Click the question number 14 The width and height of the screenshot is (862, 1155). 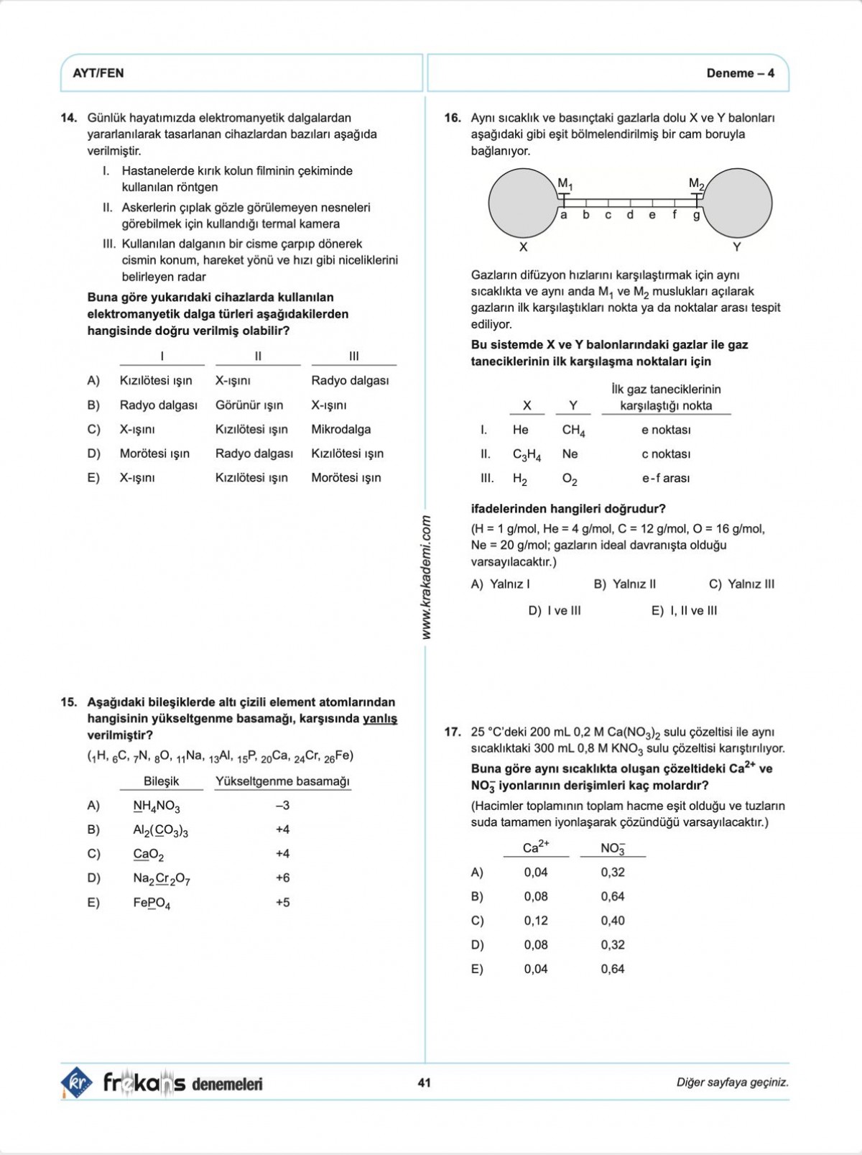click(69, 118)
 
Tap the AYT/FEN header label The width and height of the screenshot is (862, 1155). click(98, 73)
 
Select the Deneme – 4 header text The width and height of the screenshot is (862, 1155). click(740, 73)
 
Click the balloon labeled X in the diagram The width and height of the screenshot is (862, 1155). click(523, 203)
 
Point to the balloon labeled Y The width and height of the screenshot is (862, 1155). click(737, 203)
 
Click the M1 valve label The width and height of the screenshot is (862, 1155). click(565, 183)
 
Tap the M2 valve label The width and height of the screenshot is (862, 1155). click(696, 183)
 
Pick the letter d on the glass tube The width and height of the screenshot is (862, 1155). click(630, 215)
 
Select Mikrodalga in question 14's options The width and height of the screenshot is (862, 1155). click(341, 429)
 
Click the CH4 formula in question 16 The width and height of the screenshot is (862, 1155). click(573, 430)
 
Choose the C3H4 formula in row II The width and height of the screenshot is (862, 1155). click(527, 454)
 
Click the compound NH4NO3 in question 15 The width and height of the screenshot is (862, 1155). click(157, 806)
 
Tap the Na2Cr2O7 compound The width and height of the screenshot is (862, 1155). click(162, 878)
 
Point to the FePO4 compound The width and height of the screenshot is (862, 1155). click(152, 903)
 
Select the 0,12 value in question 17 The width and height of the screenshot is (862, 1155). click(536, 921)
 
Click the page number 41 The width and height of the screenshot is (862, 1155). click(424, 1082)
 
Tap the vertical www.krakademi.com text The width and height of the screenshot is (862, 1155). click(426, 578)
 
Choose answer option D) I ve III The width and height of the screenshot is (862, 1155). click(555, 611)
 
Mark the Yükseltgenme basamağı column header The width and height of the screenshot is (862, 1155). click(282, 781)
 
